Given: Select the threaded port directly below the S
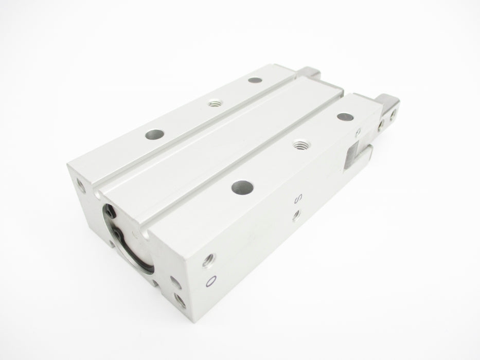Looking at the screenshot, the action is (x=296, y=215).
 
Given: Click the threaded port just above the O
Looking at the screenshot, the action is (x=209, y=260).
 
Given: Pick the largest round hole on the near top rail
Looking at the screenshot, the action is (x=242, y=187).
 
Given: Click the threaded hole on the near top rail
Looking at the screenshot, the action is (x=301, y=143).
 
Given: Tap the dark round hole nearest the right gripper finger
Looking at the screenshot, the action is (x=345, y=117).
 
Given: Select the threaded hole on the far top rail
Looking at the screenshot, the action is (x=216, y=103).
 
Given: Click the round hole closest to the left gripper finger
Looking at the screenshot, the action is (x=255, y=80).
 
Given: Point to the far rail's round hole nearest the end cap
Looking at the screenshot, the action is (x=154, y=134).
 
